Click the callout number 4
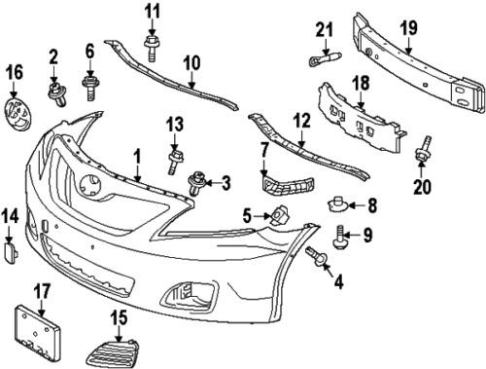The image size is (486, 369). point(339,284)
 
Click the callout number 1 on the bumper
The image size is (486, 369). point(137,155)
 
